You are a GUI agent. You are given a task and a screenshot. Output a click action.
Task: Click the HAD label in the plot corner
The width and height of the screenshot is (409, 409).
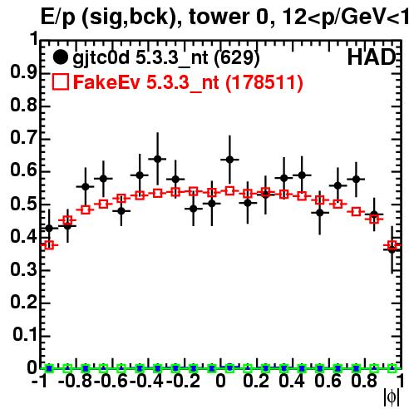tap(372, 57)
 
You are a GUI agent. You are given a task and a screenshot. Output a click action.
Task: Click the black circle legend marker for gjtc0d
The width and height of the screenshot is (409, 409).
tap(60, 57)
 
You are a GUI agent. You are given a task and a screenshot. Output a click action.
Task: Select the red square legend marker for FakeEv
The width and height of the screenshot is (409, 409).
tap(60, 82)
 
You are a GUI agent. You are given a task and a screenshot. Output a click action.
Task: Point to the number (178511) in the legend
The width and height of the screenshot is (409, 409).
tap(264, 82)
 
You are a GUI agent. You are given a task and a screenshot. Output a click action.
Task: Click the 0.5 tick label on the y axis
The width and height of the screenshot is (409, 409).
tap(23, 204)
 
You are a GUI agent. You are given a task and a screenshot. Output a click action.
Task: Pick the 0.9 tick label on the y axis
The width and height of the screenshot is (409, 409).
tap(23, 72)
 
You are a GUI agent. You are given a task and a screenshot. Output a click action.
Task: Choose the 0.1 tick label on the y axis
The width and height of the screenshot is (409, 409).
tap(25, 335)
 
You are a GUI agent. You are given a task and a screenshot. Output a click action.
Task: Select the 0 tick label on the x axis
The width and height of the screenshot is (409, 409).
tap(220, 381)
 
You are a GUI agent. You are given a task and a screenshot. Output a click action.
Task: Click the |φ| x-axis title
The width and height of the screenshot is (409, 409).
tap(392, 397)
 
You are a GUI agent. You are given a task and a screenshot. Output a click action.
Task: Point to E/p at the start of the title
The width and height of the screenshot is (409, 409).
tap(58, 17)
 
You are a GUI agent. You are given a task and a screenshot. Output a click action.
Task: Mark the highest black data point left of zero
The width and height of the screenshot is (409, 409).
tap(157, 159)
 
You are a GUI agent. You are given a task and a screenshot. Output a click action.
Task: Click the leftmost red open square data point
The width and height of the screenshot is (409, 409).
tap(49, 245)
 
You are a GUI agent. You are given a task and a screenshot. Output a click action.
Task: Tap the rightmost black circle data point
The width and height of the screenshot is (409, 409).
tap(392, 250)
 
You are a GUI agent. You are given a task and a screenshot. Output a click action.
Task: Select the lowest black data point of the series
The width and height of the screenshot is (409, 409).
tap(392, 250)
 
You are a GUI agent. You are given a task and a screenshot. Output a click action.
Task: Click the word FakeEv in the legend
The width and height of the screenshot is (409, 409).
tap(106, 82)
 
